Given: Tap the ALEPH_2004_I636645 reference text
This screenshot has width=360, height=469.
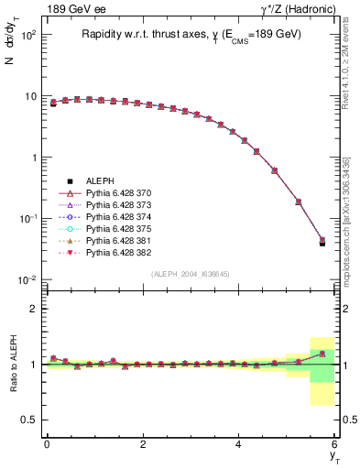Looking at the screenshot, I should pos(190,274).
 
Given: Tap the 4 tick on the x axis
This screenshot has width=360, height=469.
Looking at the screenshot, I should pos(239,444).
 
